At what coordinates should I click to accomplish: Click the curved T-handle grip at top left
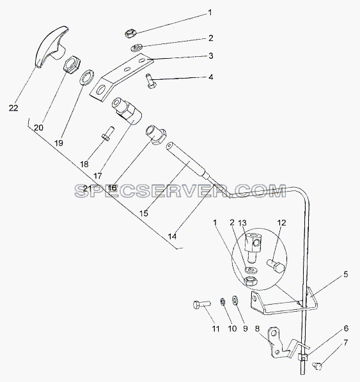pyautogui.click(x=50, y=46)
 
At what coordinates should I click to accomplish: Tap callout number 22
pyautogui.click(x=13, y=108)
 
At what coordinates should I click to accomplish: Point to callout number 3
pyautogui.click(x=211, y=56)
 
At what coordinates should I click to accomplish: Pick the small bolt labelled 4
pyautogui.click(x=151, y=80)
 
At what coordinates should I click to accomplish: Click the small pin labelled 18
pyautogui.click(x=107, y=133)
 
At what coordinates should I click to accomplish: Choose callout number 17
pyautogui.click(x=98, y=176)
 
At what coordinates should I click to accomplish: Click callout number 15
pyautogui.click(x=144, y=213)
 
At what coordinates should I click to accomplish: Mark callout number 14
pyautogui.click(x=172, y=236)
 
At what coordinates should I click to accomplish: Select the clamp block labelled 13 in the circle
pyautogui.click(x=254, y=247)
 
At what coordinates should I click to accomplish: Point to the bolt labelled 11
pyautogui.click(x=201, y=305)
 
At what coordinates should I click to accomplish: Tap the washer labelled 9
pyautogui.click(x=235, y=300)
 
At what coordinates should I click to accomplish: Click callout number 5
pyautogui.click(x=345, y=275)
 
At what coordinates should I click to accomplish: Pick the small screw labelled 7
pyautogui.click(x=317, y=365)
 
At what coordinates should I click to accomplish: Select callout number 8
pyautogui.click(x=257, y=328)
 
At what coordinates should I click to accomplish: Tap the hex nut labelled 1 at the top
pyautogui.click(x=130, y=33)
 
